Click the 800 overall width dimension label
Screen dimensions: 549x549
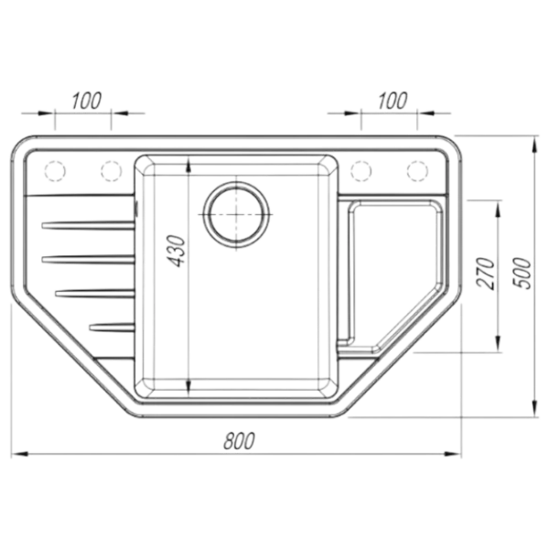(239, 441)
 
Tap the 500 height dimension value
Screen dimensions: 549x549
(522, 273)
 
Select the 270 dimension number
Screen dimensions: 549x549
(486, 274)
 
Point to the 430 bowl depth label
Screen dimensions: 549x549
(176, 252)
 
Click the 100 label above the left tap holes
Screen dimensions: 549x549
(87, 101)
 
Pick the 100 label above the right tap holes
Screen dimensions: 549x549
(393, 101)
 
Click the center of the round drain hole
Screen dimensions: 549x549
(236, 214)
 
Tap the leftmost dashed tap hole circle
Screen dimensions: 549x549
(55, 171)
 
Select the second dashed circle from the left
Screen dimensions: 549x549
(112, 171)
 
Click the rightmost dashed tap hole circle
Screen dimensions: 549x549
(417, 171)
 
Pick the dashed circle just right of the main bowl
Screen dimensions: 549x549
(361, 171)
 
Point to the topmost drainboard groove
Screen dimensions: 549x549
(88, 225)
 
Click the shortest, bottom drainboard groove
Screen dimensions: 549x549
(112, 328)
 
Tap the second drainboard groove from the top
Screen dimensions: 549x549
(88, 260)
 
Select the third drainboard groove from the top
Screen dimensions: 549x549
(95, 294)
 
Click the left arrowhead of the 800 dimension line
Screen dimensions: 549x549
(19, 454)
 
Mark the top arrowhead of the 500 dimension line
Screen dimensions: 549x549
(533, 144)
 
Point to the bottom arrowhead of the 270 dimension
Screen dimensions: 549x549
(498, 342)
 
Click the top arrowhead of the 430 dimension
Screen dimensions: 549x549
(188, 165)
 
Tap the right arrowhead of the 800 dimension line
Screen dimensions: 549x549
(452, 454)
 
